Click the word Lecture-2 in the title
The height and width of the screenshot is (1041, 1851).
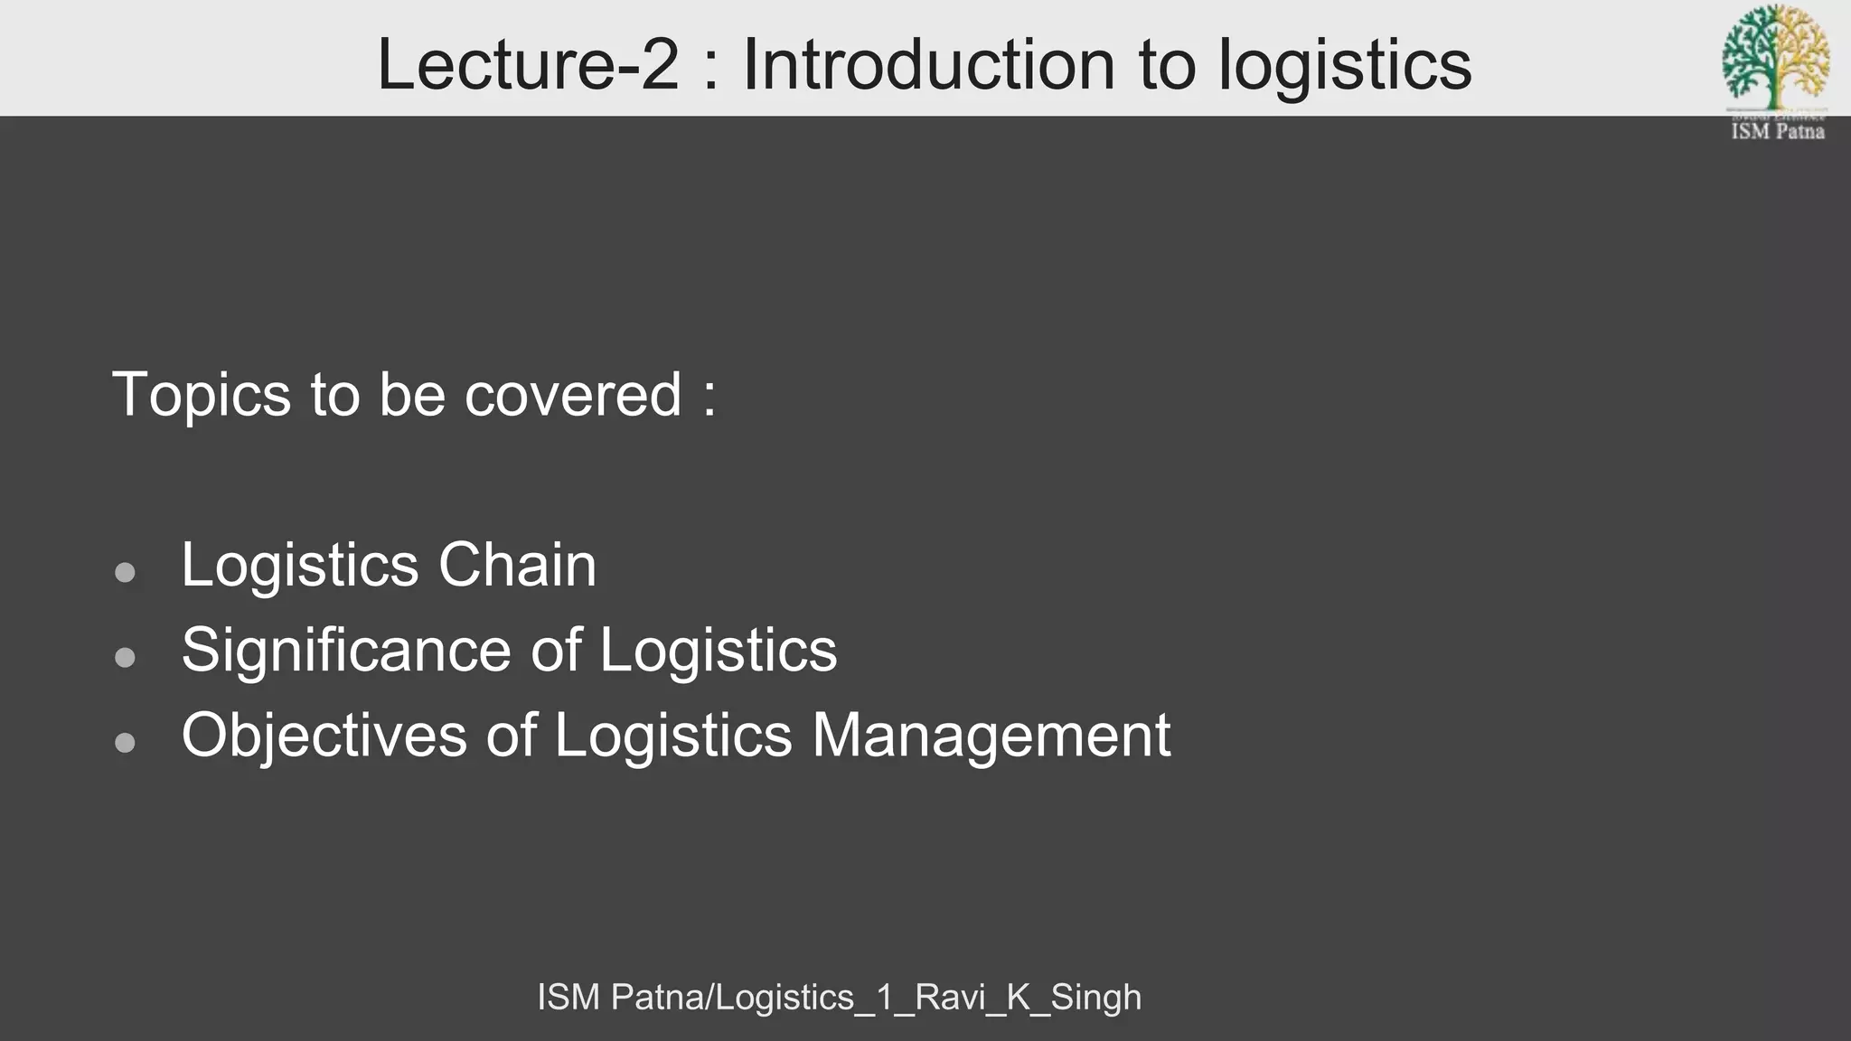pyautogui.click(x=527, y=65)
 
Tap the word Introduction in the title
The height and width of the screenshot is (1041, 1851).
pyautogui.click(x=929, y=65)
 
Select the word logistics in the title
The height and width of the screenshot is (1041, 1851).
pyautogui.click(x=1345, y=67)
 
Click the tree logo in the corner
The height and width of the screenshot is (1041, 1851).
pyautogui.click(x=1776, y=56)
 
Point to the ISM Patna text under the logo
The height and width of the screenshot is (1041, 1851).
pyautogui.click(x=1777, y=132)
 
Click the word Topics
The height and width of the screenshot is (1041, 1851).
pyautogui.click(x=202, y=395)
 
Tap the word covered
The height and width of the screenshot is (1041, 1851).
pyautogui.click(x=573, y=395)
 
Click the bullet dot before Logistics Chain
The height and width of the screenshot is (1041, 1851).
pyautogui.click(x=126, y=572)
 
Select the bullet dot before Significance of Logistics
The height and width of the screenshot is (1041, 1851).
pyautogui.click(x=126, y=657)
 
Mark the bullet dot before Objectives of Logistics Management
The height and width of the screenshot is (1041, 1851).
pyautogui.click(x=126, y=742)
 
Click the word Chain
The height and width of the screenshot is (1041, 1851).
pyautogui.click(x=517, y=566)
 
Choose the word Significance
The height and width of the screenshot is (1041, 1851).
pyautogui.click(x=347, y=651)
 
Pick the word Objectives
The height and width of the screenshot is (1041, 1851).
pyautogui.click(x=324, y=736)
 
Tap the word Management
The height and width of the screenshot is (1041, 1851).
pyautogui.click(x=991, y=736)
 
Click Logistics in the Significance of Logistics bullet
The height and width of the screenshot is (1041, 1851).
pyautogui.click(x=719, y=651)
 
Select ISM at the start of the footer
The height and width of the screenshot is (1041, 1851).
pyautogui.click(x=568, y=998)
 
